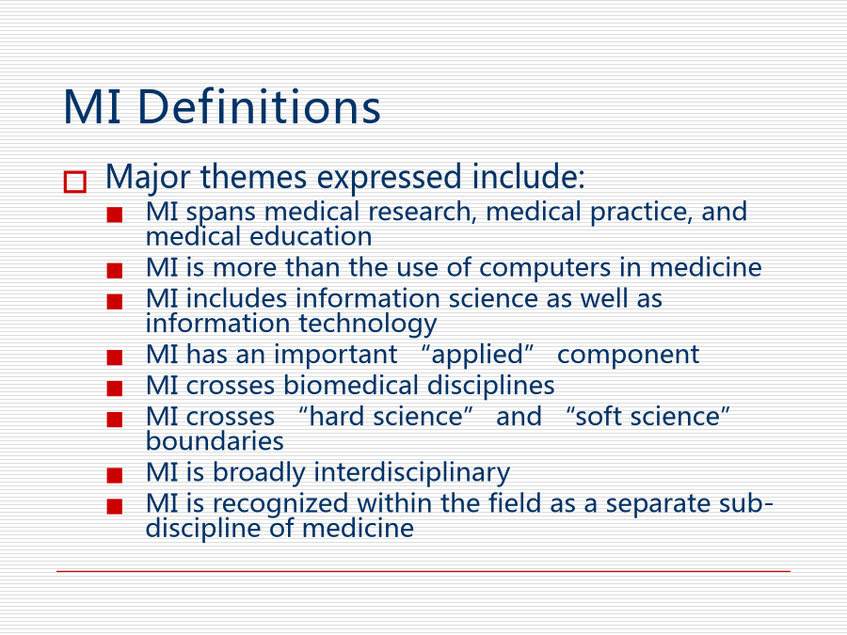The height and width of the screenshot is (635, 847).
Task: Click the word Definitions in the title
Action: click(x=259, y=107)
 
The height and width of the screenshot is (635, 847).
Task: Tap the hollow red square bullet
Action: click(x=75, y=182)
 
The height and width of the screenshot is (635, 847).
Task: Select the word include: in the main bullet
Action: click(x=528, y=177)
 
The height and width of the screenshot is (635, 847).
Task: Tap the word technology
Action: click(x=368, y=324)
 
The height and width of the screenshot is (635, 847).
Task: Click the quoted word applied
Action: click(x=477, y=356)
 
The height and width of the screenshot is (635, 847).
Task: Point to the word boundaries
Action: click(x=215, y=441)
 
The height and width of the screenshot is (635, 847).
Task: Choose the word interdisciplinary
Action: click(x=411, y=473)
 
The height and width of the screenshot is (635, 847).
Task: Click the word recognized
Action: click(x=280, y=504)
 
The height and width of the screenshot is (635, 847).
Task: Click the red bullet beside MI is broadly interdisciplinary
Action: click(x=115, y=475)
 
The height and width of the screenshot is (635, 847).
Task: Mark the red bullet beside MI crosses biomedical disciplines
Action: click(x=115, y=389)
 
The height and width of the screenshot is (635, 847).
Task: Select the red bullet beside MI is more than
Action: click(x=115, y=270)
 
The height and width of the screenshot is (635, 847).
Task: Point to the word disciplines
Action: click(x=491, y=387)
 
